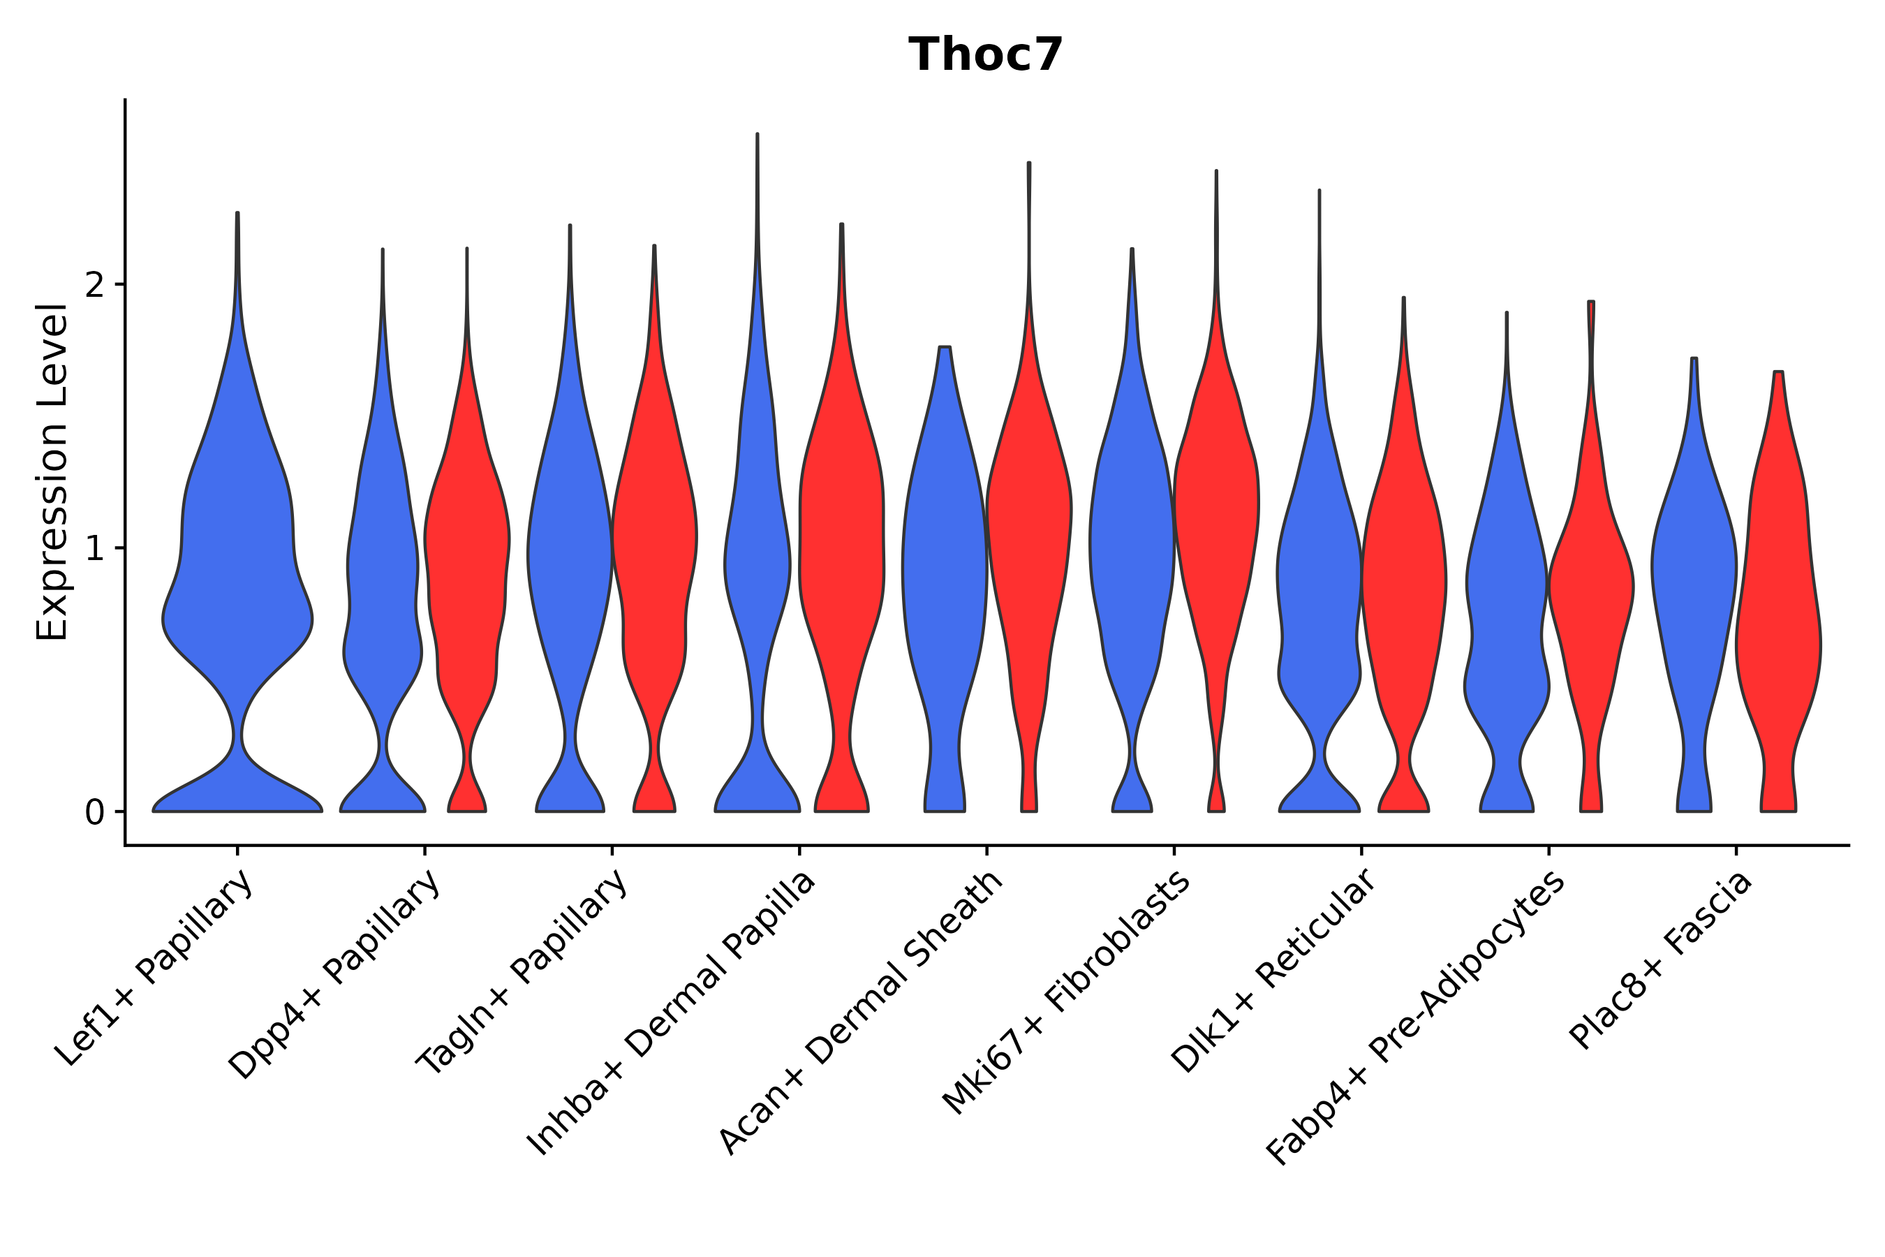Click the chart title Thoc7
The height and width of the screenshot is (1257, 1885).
(x=985, y=55)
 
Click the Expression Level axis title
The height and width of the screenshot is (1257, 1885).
(x=53, y=472)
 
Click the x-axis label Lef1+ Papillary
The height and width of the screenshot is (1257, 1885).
(x=156, y=969)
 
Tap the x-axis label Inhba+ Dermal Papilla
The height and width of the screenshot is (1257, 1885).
(x=672, y=1014)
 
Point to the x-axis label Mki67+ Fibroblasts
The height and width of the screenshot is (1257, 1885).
(x=1066, y=994)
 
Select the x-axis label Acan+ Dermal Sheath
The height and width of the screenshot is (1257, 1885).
(x=861, y=1014)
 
